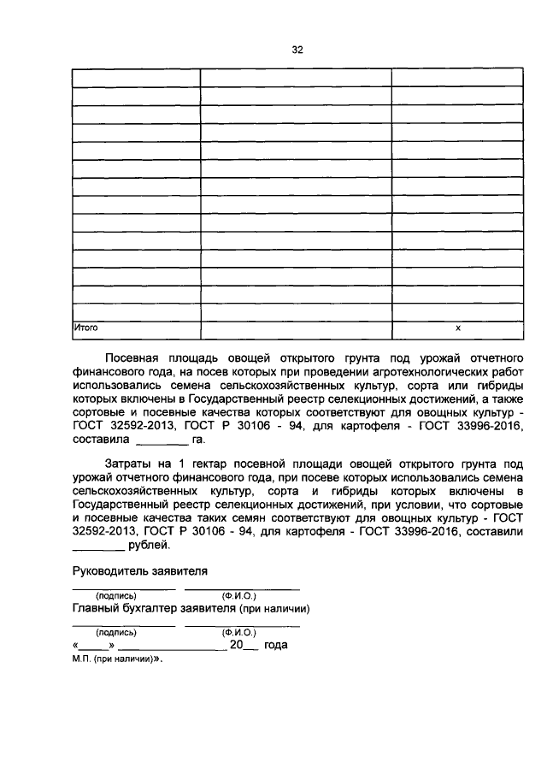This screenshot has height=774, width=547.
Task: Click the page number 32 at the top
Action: (297, 50)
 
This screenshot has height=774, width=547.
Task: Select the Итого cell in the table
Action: (85, 328)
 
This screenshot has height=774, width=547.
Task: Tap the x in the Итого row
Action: (457, 328)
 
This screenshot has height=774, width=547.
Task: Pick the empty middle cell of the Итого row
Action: (296, 328)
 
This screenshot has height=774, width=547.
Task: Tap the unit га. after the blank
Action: (199, 440)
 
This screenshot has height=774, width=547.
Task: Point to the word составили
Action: (492, 532)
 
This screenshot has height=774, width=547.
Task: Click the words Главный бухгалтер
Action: (123, 609)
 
